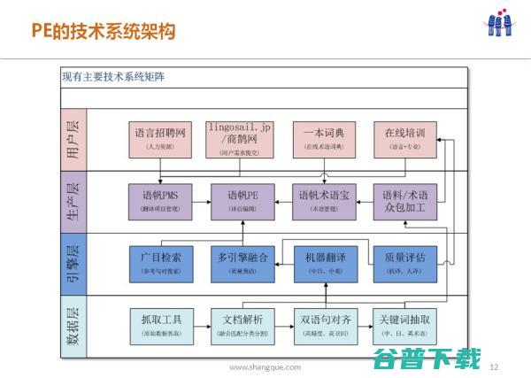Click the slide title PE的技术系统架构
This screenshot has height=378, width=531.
(104, 33)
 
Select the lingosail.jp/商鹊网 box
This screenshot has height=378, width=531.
(241, 139)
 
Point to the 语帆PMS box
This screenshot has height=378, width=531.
(160, 200)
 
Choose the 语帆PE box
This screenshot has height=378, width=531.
(241, 200)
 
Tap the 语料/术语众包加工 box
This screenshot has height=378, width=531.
(405, 200)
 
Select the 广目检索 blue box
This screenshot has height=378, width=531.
(160, 262)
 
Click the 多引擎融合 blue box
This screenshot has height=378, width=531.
(241, 262)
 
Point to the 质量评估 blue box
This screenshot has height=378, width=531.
(405, 262)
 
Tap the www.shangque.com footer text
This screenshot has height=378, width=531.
(265, 366)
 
